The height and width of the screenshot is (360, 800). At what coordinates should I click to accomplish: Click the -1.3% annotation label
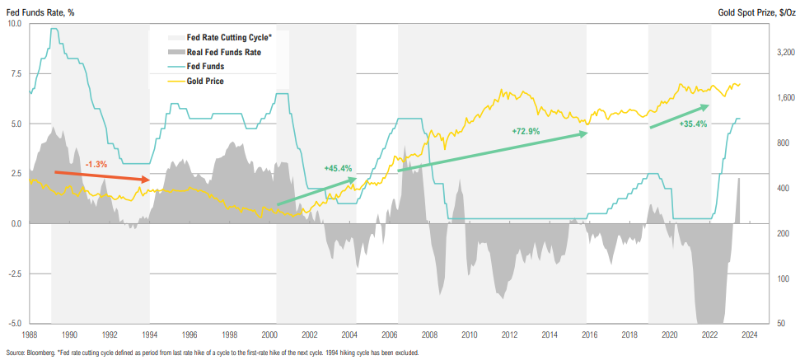[96, 164]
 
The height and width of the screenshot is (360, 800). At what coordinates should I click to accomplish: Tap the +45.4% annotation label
[337, 168]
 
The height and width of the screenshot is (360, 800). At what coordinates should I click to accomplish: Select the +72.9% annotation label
[525, 131]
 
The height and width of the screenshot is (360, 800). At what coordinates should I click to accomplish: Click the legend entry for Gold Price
[205, 82]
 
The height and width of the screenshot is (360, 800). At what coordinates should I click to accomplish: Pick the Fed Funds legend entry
[205, 67]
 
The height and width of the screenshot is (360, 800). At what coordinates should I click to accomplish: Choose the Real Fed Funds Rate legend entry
[218, 52]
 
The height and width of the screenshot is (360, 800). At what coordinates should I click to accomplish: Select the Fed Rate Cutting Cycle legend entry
[223, 37]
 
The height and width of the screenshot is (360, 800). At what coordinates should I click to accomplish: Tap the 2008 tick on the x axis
[428, 334]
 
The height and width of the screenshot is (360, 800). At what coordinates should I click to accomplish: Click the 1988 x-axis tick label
[29, 334]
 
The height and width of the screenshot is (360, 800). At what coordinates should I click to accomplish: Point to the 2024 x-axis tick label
[750, 334]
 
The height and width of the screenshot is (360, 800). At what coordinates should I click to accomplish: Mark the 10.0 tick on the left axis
[15, 24]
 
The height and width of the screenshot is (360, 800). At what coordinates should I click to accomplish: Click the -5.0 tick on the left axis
[14, 324]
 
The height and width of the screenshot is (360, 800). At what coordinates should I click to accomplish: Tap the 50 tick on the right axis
[779, 324]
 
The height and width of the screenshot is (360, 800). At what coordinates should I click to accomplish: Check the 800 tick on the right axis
[780, 143]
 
